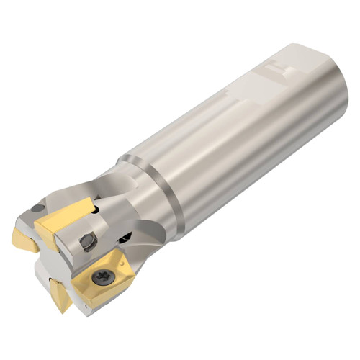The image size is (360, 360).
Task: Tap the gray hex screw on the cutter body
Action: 88,241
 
